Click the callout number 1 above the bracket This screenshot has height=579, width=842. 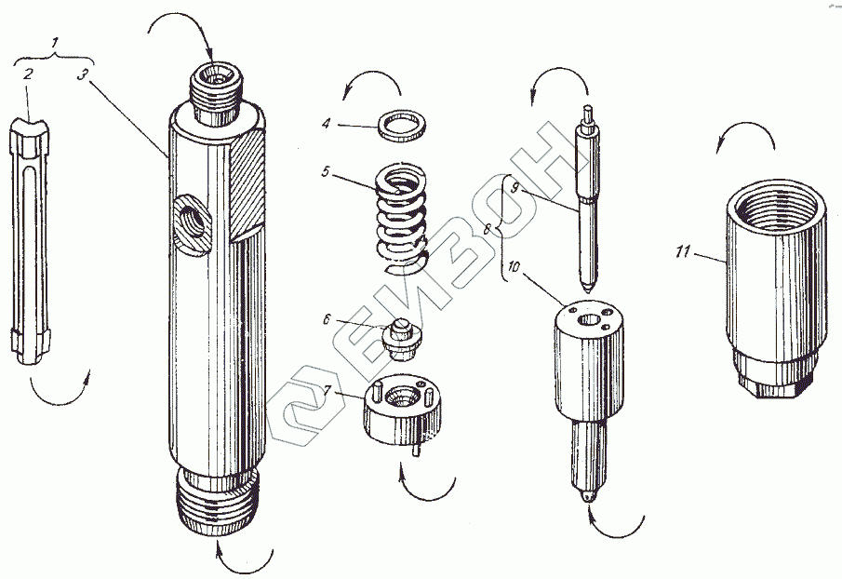coord(55,42)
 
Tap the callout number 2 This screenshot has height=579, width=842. coord(27,73)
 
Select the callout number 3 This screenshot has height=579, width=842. coord(82,74)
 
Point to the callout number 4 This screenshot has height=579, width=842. coord(327,124)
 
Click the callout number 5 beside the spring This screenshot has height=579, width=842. coord(325,172)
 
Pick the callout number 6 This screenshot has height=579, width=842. coord(327,319)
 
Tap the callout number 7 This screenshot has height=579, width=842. coord(326,390)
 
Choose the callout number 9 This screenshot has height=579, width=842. coord(515,187)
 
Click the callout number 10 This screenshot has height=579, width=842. coord(514,267)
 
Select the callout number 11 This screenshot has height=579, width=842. coord(683,250)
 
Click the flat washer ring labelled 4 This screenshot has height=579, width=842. coord(403,127)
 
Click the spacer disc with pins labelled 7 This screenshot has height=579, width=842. coord(403,411)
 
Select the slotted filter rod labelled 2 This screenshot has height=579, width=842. coord(30,240)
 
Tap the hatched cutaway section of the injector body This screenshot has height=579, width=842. coord(246,182)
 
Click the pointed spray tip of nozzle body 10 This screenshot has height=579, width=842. coord(590,497)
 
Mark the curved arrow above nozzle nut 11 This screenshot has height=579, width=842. coord(745,131)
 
